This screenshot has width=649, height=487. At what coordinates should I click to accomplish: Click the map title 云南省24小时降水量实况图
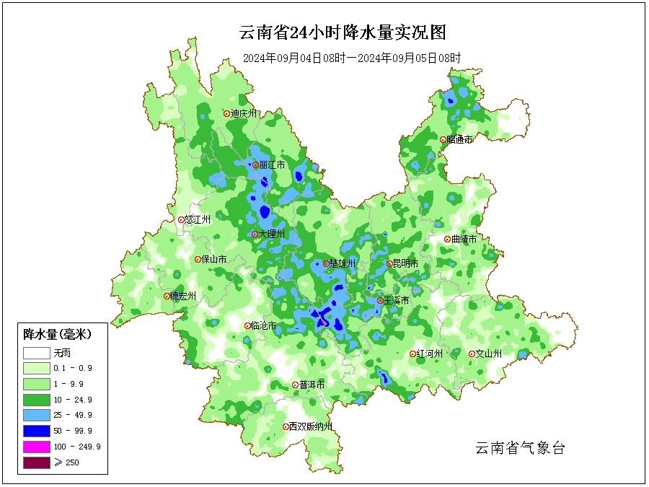click(343, 33)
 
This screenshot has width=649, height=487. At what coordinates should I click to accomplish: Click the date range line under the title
click(351, 58)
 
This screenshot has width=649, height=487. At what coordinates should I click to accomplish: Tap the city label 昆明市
click(405, 264)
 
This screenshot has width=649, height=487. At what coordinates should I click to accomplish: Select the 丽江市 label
click(272, 165)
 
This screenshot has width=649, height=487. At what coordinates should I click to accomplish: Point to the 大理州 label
click(272, 234)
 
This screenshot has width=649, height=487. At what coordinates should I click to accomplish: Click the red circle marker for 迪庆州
click(226, 113)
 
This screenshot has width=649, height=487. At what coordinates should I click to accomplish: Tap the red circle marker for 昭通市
click(443, 140)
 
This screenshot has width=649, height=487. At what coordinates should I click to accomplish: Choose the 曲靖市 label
click(464, 239)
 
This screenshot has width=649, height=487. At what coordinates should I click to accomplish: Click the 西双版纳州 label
click(311, 426)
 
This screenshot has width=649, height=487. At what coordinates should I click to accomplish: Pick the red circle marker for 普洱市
click(295, 385)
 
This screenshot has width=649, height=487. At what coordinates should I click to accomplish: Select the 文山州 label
click(488, 354)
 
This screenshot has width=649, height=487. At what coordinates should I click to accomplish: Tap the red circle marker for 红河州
click(413, 354)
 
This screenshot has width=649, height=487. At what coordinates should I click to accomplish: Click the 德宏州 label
click(182, 296)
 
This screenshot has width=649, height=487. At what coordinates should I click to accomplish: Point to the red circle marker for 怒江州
click(181, 220)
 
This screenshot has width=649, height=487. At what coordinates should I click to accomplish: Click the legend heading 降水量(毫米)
click(57, 334)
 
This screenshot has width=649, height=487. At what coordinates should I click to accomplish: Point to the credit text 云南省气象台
click(519, 448)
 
